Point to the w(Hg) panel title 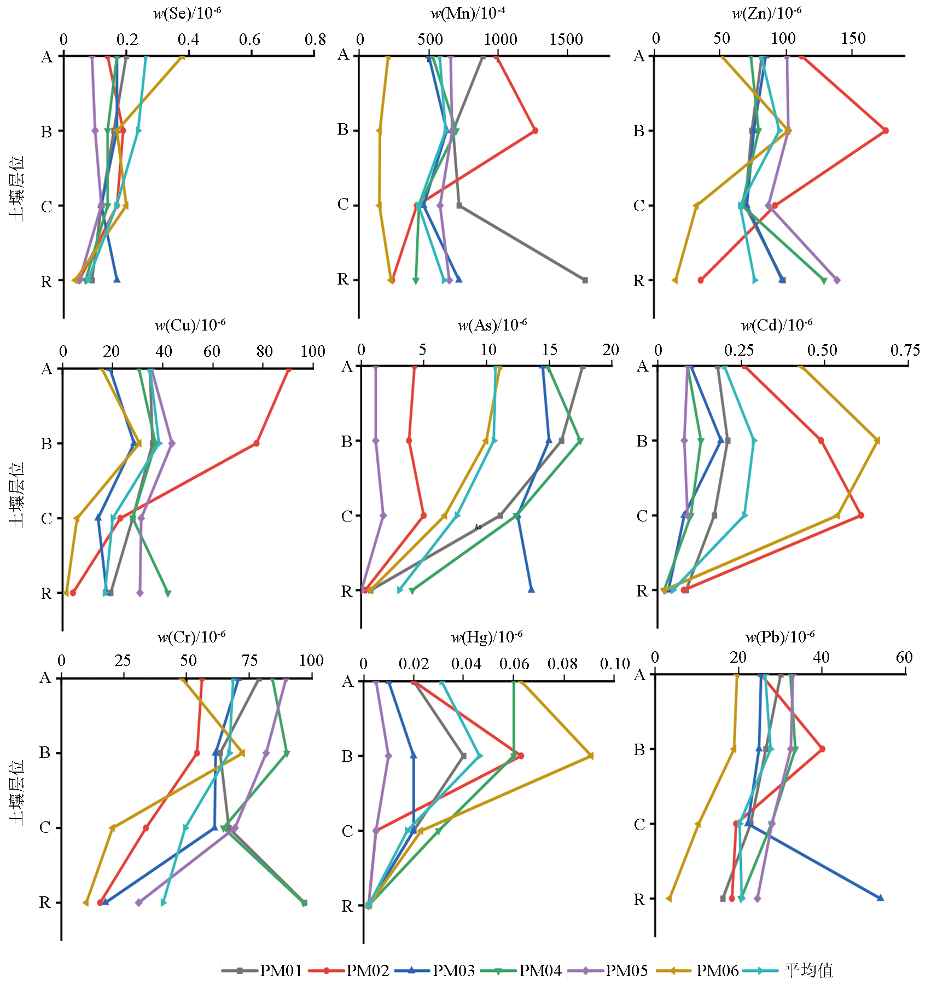click(487, 636)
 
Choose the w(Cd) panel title click(777, 325)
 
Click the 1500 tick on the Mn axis click(567, 39)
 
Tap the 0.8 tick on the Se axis click(315, 39)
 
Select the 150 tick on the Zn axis click(853, 38)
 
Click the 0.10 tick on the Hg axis click(615, 664)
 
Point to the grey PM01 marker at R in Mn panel click(585, 280)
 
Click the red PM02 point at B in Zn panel click(886, 131)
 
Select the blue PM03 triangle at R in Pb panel click(880, 898)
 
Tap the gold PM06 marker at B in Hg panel click(591, 756)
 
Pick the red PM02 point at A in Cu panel click(289, 370)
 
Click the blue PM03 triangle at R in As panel click(531, 589)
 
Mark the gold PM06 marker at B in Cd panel click(877, 441)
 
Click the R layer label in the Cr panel click(45, 903)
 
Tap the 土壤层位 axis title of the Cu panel click(18, 495)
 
